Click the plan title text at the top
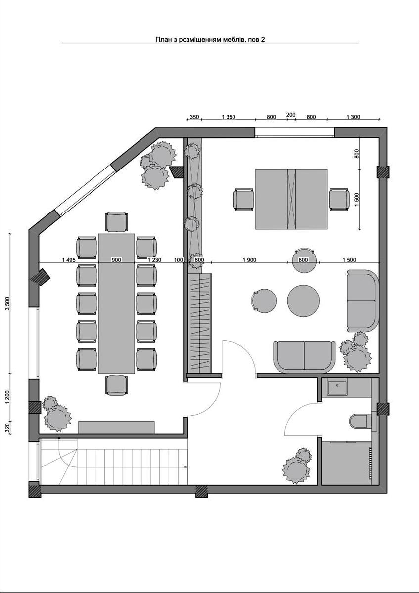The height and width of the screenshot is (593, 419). (210, 40)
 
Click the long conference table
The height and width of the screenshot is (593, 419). (116, 303)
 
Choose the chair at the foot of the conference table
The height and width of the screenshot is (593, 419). (116, 385)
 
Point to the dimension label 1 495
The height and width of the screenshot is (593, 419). (69, 260)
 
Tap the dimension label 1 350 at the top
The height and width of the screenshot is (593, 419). (229, 117)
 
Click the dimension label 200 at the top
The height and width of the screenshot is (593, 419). (291, 115)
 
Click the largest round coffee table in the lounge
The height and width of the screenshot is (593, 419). (303, 300)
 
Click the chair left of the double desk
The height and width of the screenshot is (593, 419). (243, 199)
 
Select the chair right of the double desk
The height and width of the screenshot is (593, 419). (339, 199)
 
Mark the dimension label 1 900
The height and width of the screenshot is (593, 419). (249, 260)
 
